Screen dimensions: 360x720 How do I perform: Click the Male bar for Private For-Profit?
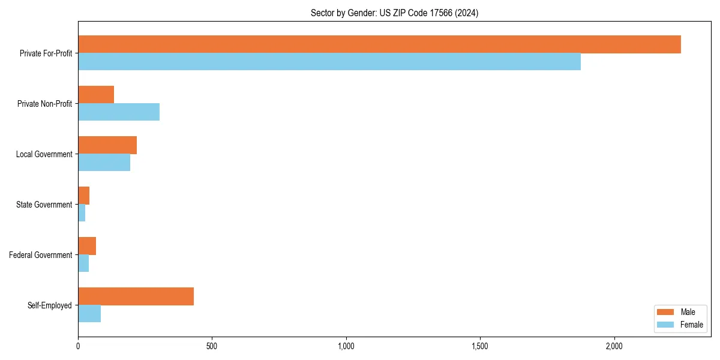click(x=379, y=44)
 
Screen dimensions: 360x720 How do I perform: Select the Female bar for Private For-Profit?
click(x=329, y=61)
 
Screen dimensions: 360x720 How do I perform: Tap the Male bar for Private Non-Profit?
click(x=96, y=95)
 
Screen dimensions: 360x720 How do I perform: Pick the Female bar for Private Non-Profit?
click(x=119, y=112)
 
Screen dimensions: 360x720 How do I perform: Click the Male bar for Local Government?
click(x=107, y=145)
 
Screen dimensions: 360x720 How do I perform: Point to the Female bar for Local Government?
click(x=104, y=162)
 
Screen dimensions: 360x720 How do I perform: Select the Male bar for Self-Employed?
click(x=136, y=296)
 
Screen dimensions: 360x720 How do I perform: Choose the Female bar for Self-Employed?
click(x=89, y=313)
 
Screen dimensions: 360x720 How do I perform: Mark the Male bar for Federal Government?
click(x=87, y=246)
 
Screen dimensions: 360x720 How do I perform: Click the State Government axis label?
click(x=44, y=205)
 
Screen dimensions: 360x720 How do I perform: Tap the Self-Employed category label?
click(x=50, y=305)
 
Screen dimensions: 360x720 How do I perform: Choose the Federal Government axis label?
click(x=41, y=255)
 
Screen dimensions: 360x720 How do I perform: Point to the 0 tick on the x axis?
click(x=78, y=346)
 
